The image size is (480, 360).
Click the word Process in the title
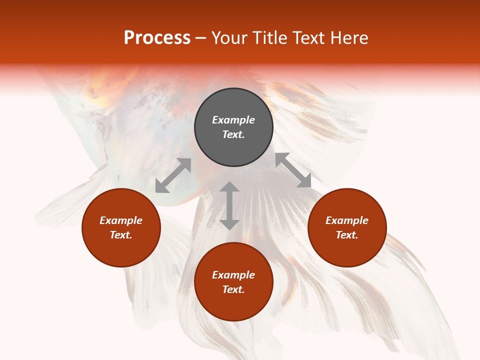click(x=157, y=38)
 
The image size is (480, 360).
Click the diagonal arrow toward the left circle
click(x=173, y=175)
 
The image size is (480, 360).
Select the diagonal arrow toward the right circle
click(x=293, y=170)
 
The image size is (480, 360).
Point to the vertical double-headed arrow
click(x=229, y=205)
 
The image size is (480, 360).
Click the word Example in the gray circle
click(x=233, y=120)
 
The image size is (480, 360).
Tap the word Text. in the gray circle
click(x=233, y=134)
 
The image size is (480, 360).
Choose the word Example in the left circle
click(x=121, y=220)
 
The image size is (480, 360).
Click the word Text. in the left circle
click(x=121, y=235)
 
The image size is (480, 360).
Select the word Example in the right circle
click(x=347, y=220)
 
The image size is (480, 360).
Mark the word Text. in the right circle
click(x=347, y=235)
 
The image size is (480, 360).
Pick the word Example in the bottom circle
click(x=233, y=275)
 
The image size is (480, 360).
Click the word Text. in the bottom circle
click(x=233, y=289)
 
